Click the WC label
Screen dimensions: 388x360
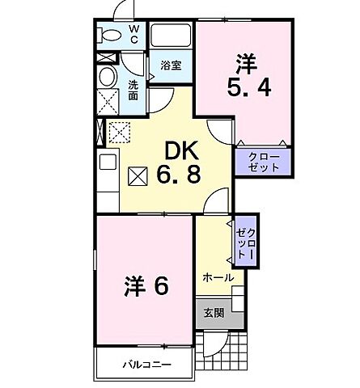(135, 34)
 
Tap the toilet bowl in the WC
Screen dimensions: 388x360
(107, 36)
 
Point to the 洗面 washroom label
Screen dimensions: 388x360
(134, 90)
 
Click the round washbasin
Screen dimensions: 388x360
(107, 78)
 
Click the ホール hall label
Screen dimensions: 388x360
(218, 277)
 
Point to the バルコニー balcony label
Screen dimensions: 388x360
(147, 365)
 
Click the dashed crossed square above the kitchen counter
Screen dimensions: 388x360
(120, 130)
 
